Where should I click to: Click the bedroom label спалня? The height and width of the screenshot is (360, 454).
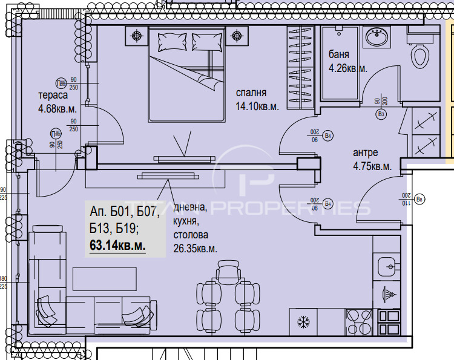pyautogui.click(x=251, y=93)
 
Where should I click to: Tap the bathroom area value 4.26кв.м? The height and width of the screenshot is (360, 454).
pyautogui.click(x=347, y=68)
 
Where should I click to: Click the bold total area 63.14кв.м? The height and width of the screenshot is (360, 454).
pyautogui.click(x=117, y=245)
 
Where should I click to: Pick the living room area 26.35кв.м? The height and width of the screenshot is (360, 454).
pyautogui.click(x=195, y=248)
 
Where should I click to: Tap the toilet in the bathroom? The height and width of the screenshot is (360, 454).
pyautogui.click(x=419, y=57)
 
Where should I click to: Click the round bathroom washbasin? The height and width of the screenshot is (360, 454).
pyautogui.click(x=377, y=38)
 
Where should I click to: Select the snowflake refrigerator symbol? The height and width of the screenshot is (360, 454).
pyautogui.click(x=303, y=321)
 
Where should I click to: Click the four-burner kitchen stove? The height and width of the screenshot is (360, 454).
pyautogui.click(x=358, y=320)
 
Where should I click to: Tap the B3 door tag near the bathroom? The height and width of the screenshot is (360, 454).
pyautogui.click(x=381, y=113)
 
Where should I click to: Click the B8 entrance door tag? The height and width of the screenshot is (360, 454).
pyautogui.click(x=421, y=198)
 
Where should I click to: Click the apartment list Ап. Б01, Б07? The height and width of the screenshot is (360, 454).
pyautogui.click(x=124, y=212)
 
